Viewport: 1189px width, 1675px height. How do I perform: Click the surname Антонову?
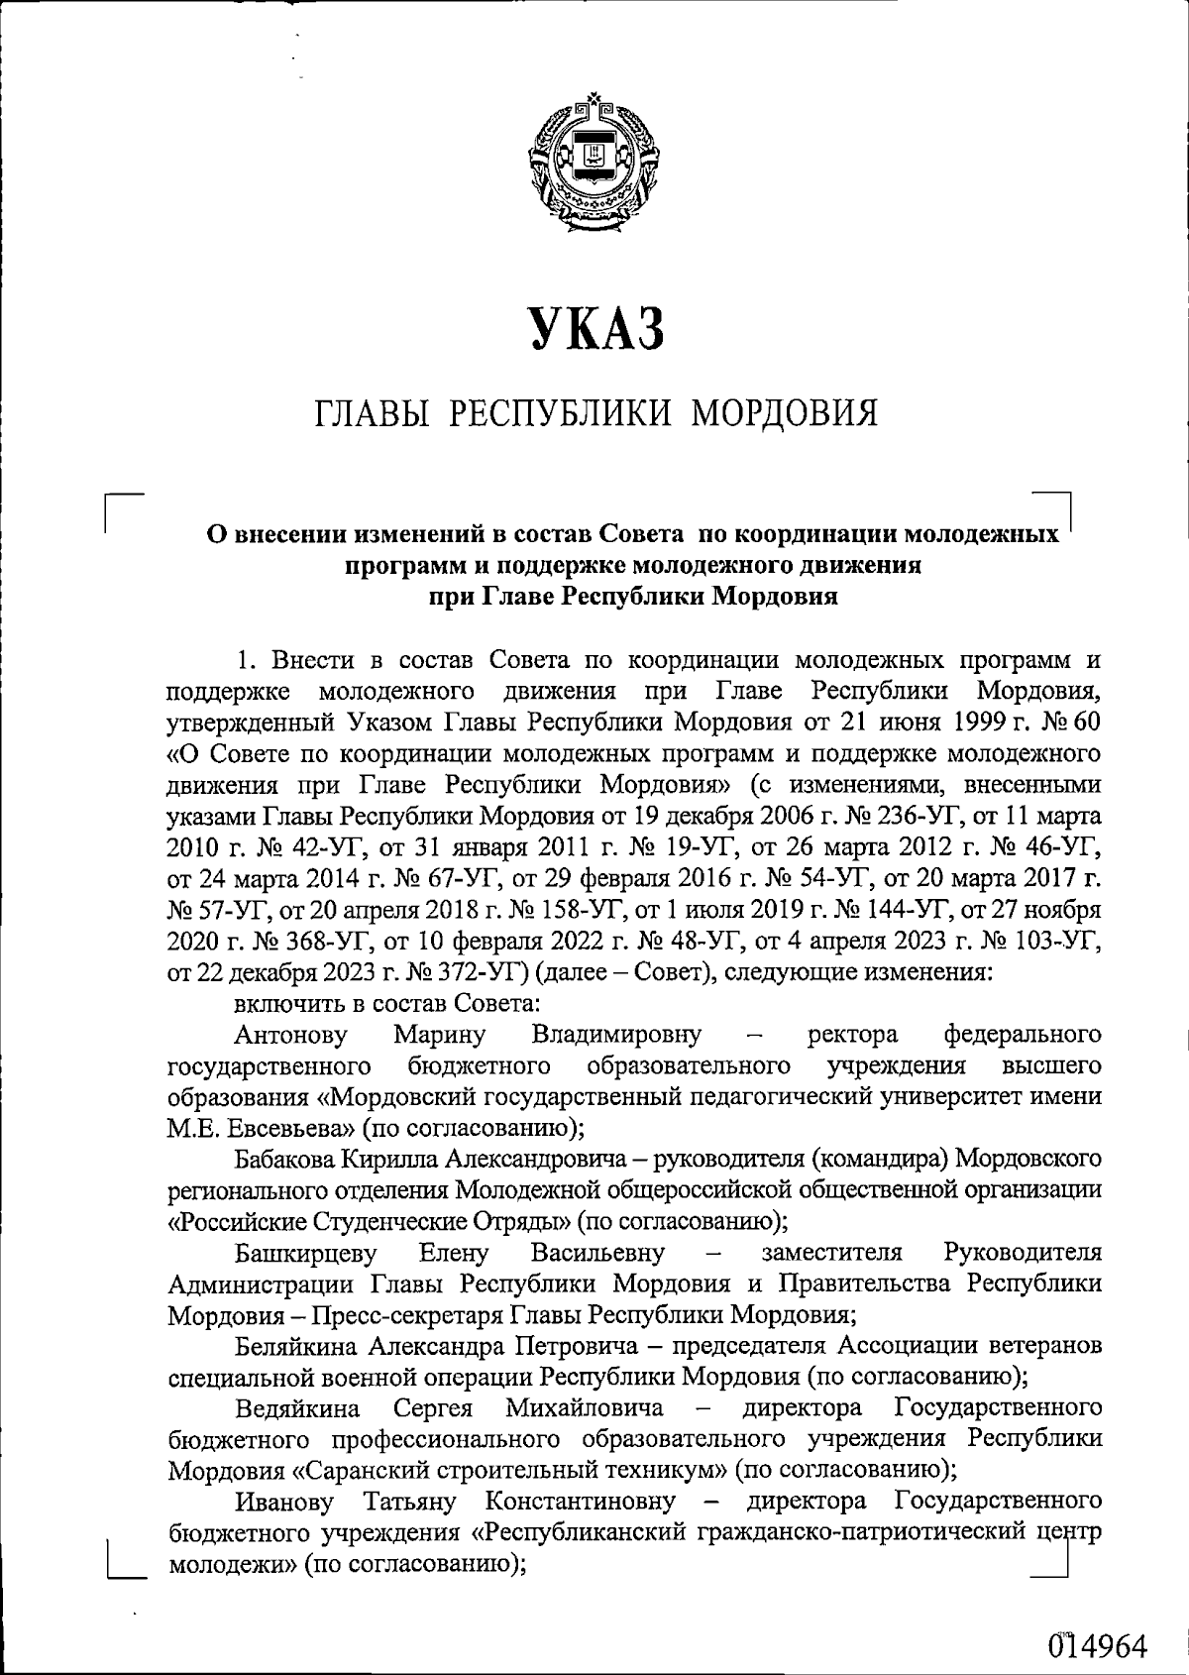coord(291,1036)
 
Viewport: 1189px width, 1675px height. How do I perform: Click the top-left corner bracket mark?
coord(124,510)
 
